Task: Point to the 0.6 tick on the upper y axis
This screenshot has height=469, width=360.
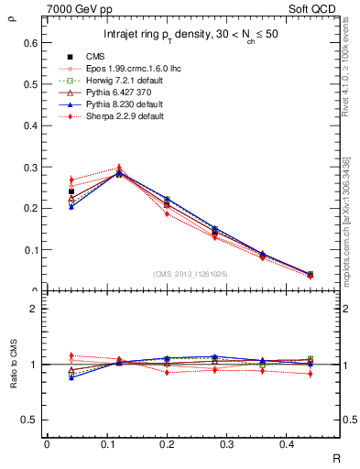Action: (29, 42)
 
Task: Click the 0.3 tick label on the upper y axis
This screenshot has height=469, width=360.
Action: (29, 167)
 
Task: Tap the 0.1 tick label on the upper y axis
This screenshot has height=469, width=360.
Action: (29, 249)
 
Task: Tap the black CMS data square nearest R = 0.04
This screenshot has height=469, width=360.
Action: (71, 191)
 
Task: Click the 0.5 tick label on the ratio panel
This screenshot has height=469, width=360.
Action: (29, 420)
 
